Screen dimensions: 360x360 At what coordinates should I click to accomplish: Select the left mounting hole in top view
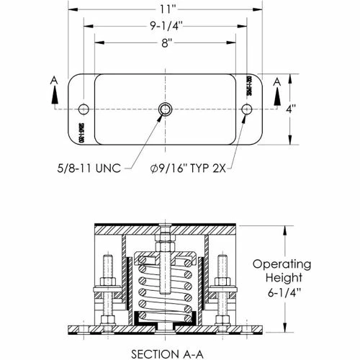coord(84,109)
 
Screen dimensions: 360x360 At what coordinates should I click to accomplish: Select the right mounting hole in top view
coord(248,109)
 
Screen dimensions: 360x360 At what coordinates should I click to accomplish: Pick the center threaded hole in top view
coord(166,109)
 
